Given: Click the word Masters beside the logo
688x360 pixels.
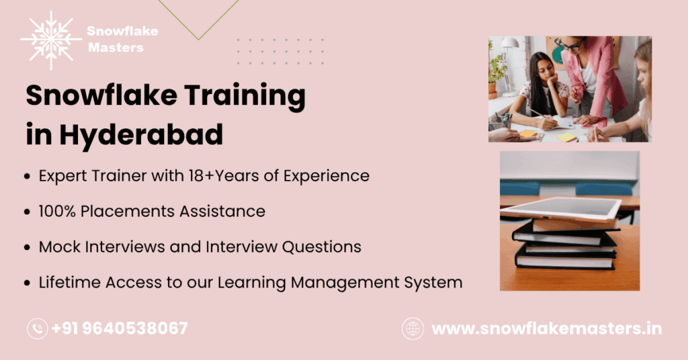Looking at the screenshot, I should (116, 48).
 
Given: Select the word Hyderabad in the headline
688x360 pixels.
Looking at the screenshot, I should (141, 135).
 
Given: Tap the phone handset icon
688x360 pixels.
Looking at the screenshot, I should (37, 328).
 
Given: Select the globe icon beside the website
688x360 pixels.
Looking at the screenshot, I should (413, 328).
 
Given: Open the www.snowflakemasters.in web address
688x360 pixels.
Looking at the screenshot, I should (546, 329).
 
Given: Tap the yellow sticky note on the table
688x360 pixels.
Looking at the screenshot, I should (567, 136).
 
